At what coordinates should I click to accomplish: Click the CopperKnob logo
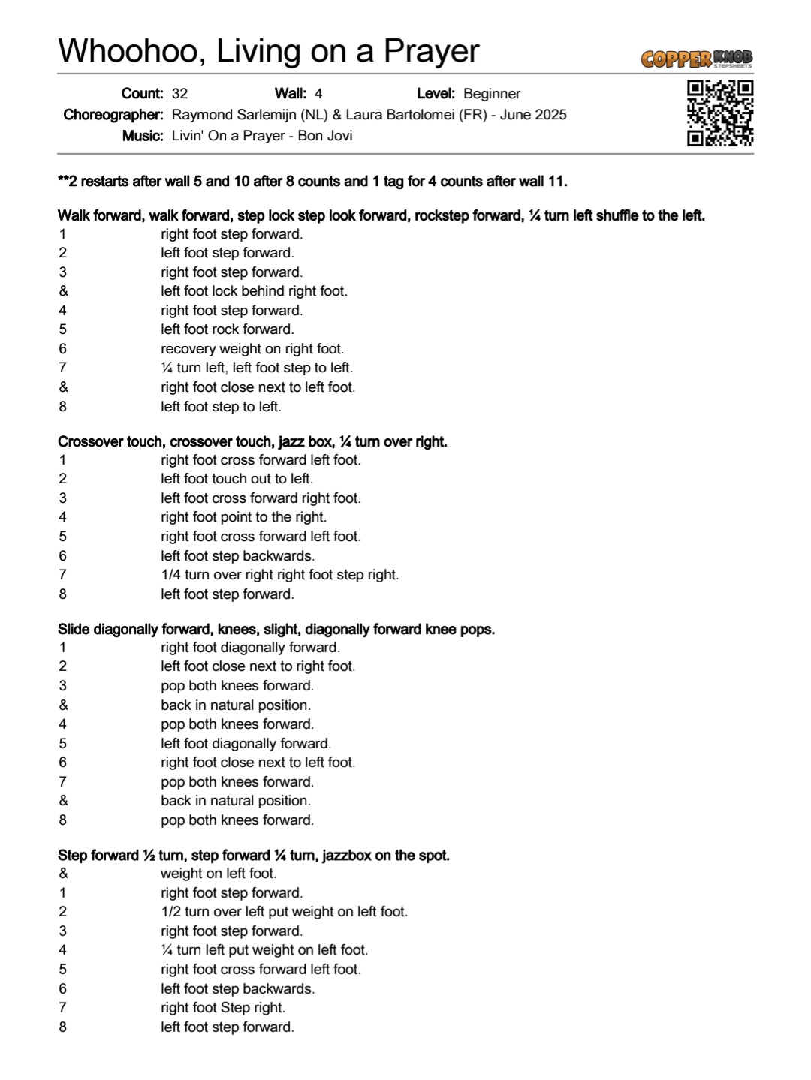pos(696,59)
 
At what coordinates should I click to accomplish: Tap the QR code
pos(719,113)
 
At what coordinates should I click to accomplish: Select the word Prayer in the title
pos(431,51)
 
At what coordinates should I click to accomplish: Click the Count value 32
pos(179,94)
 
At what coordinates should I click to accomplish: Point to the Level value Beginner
pos(492,94)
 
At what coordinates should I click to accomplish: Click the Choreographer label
pos(113,115)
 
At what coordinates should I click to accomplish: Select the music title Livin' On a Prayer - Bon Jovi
pos(262,136)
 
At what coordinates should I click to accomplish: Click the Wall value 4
pos(318,94)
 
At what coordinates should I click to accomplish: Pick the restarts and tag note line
pos(312,182)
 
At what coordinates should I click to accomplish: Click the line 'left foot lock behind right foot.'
pos(254,291)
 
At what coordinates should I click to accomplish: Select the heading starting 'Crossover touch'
pos(252,441)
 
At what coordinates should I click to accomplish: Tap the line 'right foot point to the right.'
pos(243,517)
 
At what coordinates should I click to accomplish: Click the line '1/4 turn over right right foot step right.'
pos(279,575)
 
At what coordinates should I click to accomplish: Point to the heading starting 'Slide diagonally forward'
pos(276,629)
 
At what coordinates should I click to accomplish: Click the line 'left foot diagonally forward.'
pos(246,744)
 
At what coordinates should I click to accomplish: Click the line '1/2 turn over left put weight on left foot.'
pos(284,912)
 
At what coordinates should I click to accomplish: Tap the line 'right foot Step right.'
pos(223,1008)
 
